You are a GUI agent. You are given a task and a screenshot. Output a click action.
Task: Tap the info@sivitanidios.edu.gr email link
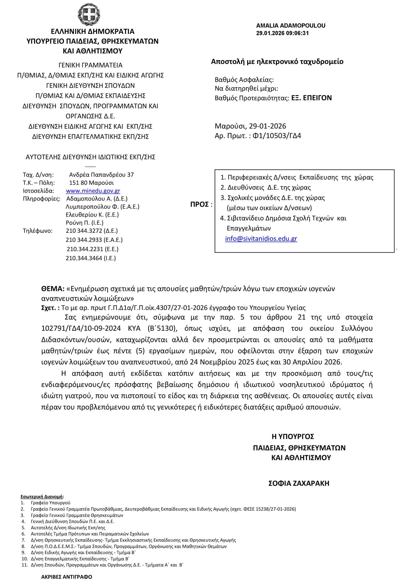point(261,238)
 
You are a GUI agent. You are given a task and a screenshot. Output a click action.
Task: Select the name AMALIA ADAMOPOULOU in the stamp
point(290,26)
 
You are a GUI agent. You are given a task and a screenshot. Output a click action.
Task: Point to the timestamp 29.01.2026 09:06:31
point(282,33)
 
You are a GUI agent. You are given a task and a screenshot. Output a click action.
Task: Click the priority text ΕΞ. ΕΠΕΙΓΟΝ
point(311,98)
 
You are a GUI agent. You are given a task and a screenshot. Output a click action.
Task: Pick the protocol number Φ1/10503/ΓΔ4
point(277,136)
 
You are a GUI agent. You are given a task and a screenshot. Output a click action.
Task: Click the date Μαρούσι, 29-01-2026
point(250,126)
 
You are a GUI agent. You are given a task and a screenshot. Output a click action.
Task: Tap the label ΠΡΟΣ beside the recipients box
point(199,204)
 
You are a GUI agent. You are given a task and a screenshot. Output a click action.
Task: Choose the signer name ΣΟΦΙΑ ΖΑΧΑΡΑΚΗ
point(299,483)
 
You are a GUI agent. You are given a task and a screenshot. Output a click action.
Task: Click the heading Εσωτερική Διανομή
point(42,497)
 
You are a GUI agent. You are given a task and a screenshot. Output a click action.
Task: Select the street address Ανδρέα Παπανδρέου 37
point(101,175)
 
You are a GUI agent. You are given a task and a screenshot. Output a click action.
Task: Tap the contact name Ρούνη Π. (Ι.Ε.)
point(84,223)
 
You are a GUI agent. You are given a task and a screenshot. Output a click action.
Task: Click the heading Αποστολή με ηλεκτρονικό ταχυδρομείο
point(277,62)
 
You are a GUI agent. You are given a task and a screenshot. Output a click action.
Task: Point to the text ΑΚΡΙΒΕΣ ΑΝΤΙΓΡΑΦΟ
point(67,577)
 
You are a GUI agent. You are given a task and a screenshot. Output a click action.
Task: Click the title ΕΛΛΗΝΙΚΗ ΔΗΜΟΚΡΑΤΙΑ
point(93,31)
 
